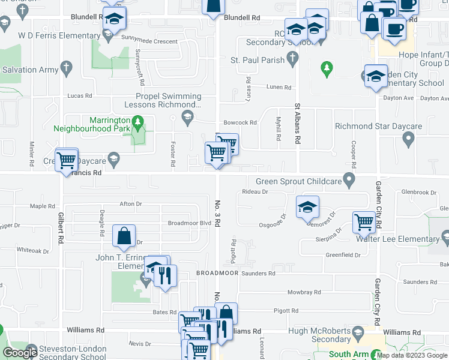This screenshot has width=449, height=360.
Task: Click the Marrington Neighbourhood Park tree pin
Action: (x=138, y=122)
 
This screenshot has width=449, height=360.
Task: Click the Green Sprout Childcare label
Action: (x=298, y=181)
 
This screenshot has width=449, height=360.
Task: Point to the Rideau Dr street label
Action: (x=255, y=192)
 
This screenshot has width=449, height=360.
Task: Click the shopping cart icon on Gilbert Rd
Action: (x=65, y=160)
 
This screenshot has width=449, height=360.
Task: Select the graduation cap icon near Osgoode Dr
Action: (x=307, y=207)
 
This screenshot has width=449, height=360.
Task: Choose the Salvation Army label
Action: (x=28, y=70)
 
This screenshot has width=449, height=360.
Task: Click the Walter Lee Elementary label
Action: (x=406, y=239)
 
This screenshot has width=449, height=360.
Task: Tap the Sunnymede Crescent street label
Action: (x=149, y=41)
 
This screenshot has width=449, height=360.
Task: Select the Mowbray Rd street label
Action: (x=301, y=292)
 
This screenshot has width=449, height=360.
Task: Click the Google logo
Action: (x=20, y=353)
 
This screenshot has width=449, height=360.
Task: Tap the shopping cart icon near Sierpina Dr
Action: (x=364, y=223)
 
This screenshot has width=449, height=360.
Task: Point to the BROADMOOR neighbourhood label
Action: (x=217, y=273)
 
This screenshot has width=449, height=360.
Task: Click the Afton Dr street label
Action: (x=130, y=204)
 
